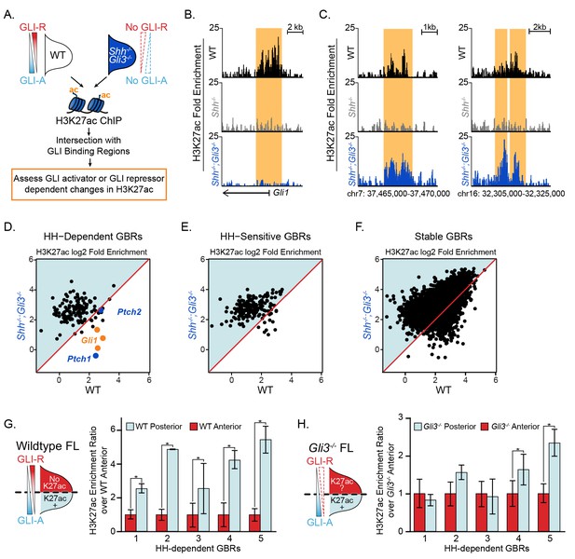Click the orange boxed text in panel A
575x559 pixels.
pyautogui.click(x=89, y=184)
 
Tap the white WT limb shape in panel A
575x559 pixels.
pyautogui.click(x=58, y=56)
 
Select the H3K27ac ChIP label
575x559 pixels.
pyautogui.click(x=89, y=120)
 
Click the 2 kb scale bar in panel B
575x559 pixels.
pyautogui.click(x=294, y=31)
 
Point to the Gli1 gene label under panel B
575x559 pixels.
pyautogui.click(x=281, y=192)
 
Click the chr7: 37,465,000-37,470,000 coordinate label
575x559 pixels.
pyautogui.click(x=398, y=193)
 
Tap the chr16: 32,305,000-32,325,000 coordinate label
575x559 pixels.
pyautogui.click(x=512, y=193)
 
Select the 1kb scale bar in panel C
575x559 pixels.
pyautogui.click(x=430, y=31)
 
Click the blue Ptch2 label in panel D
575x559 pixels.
pyautogui.click(x=130, y=312)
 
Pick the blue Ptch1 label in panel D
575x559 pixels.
pyautogui.click(x=79, y=359)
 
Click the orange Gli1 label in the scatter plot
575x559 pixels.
pyautogui.click(x=89, y=340)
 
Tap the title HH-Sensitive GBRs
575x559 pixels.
pyautogui.click(x=265, y=237)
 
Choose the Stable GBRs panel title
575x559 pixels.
pyautogui.click(x=444, y=237)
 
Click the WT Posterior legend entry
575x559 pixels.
pyautogui.click(x=154, y=427)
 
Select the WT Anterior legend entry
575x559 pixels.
pyautogui.click(x=215, y=427)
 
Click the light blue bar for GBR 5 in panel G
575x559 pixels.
pyautogui.click(x=266, y=485)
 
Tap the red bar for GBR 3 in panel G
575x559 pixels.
pyautogui.click(x=193, y=523)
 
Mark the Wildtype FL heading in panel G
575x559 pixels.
pyautogui.click(x=48, y=445)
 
